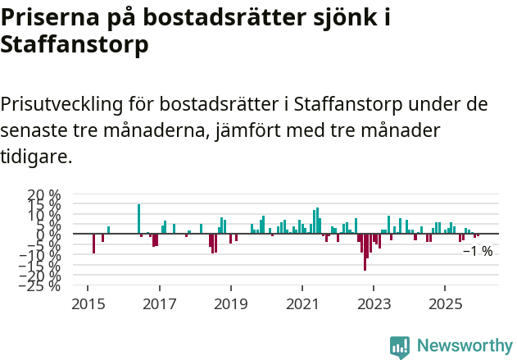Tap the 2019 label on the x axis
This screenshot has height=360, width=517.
pos(231,303)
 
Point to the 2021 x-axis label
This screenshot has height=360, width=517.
pos(302,303)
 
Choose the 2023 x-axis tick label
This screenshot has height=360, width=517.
pos(374,303)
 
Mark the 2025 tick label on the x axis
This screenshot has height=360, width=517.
pos(445,303)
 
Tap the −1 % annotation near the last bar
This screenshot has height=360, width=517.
pos(477,252)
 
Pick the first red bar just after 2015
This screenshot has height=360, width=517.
pos(93,244)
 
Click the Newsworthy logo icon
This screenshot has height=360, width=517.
pos(399,347)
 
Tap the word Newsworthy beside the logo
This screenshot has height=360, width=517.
pos(464,346)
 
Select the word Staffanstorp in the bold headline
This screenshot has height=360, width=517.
pos(75,44)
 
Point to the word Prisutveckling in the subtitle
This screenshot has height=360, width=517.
pos(61,105)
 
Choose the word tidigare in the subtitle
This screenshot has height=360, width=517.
pos(36,156)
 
